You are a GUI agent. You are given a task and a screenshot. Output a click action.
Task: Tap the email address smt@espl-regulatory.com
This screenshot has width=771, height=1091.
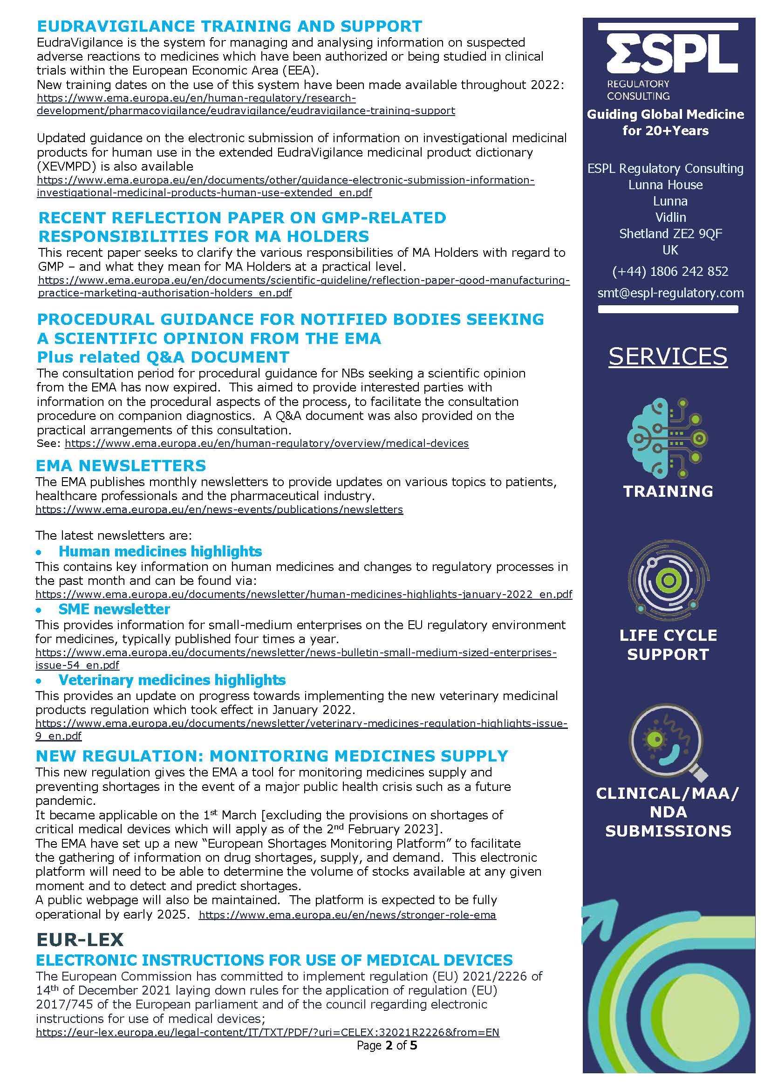click(670, 293)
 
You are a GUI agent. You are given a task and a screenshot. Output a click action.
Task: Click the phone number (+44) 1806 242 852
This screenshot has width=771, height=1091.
click(670, 271)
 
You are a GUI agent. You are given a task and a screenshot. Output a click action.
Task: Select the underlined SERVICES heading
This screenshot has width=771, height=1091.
click(668, 357)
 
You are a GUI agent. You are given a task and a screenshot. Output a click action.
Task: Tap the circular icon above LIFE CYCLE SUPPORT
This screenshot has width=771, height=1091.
click(669, 581)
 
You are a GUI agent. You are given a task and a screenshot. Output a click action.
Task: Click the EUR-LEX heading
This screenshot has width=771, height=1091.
click(80, 939)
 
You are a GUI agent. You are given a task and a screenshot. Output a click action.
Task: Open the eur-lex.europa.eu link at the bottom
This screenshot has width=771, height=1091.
click(267, 1032)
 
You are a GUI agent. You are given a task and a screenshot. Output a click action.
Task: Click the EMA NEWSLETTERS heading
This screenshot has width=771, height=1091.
click(121, 465)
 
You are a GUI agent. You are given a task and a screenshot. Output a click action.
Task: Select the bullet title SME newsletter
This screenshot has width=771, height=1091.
click(114, 609)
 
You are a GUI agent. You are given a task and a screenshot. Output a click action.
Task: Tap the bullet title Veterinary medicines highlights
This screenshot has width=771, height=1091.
click(172, 680)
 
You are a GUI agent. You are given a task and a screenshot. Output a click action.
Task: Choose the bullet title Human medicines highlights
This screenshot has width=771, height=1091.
click(160, 551)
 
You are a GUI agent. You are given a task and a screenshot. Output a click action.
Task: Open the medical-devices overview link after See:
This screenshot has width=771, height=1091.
click(266, 443)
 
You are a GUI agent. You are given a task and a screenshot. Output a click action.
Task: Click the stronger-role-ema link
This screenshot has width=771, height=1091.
click(347, 915)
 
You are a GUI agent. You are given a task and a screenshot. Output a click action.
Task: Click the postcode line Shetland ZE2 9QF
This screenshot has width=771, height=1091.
click(670, 234)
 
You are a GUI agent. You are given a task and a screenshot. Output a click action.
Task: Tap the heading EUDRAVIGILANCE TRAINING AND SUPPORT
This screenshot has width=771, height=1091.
click(230, 26)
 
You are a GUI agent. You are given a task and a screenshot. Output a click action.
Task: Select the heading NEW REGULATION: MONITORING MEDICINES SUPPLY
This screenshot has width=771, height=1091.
click(272, 755)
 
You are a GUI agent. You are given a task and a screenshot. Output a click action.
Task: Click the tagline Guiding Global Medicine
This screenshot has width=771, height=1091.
click(666, 114)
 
